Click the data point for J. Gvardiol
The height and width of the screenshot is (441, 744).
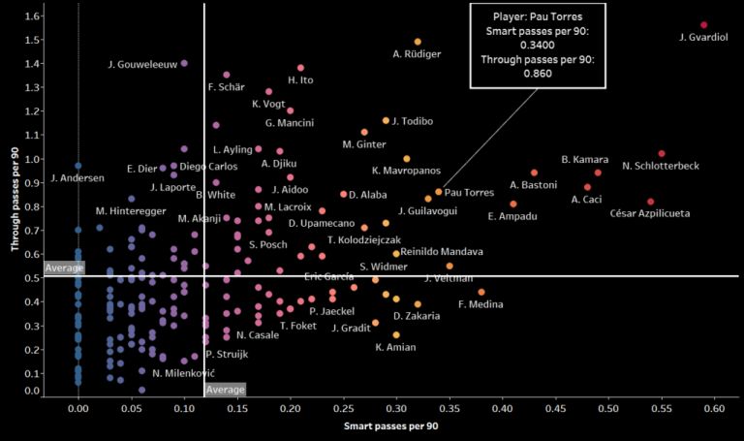coord(703,25)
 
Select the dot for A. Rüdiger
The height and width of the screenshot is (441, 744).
coord(418,42)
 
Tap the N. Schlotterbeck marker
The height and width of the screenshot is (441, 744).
coord(662,153)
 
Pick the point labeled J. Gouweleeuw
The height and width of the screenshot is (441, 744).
coord(184,63)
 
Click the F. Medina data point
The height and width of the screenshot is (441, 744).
coord(481,292)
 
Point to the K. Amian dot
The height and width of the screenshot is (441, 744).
coord(396,334)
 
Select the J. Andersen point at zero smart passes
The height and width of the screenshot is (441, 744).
coord(78,166)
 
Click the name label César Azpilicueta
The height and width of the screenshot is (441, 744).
coord(650,213)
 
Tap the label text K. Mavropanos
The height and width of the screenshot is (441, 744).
coord(406,171)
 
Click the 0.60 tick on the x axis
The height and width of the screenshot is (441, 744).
coord(714,410)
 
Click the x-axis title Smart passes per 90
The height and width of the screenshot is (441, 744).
coord(391,426)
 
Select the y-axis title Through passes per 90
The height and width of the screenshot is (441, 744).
coord(15,199)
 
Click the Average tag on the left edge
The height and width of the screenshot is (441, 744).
coord(65,268)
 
